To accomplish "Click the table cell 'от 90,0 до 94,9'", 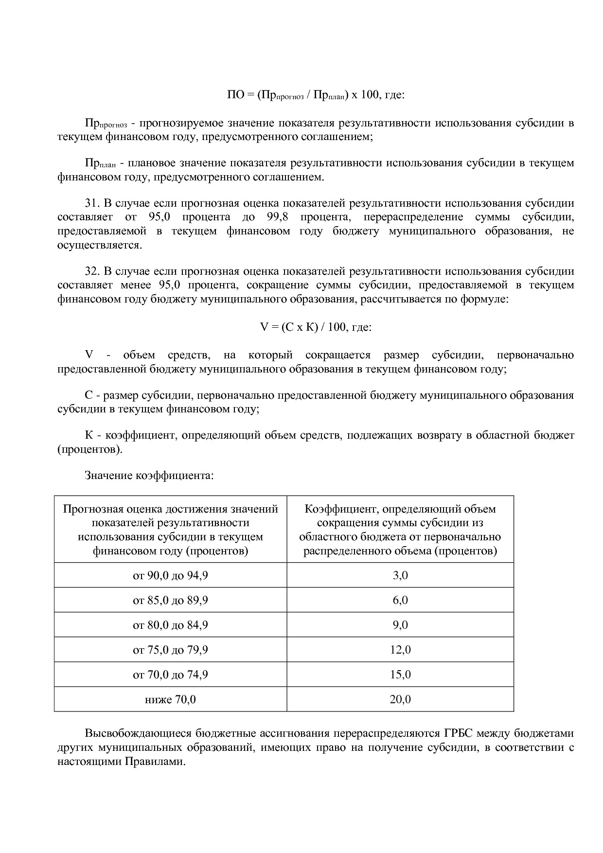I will point(170,575).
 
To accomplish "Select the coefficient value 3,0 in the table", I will point(400,575).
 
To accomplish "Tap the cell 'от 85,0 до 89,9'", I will point(170,600).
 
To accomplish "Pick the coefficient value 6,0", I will point(400,600).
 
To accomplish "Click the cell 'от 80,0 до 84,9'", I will point(170,625).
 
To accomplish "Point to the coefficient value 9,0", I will point(400,625).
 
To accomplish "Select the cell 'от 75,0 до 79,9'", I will point(170,650).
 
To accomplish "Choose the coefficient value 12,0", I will point(400,650).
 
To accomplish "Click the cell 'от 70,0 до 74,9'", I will point(170,675).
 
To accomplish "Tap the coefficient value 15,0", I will point(400,675).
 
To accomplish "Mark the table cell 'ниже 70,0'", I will point(170,699).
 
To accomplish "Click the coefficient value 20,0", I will point(400,699).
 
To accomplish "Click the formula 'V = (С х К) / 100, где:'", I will point(316,327).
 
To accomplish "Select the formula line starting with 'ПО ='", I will point(316,95).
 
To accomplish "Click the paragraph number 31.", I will point(92,203).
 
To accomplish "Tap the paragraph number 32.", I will point(92,271).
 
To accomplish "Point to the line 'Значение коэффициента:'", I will point(149,475).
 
